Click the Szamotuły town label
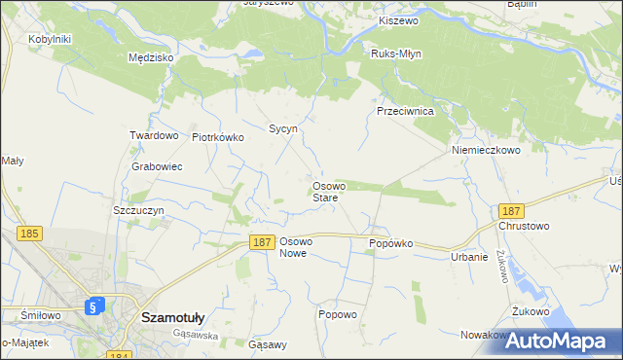172,316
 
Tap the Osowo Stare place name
325,192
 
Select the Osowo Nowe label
295,246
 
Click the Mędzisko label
151,57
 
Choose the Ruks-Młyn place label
396,54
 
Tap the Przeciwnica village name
405,111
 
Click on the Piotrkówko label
218,137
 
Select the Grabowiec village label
157,166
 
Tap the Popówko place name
391,243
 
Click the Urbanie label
469,257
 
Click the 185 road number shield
30,234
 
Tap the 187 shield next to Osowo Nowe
260,243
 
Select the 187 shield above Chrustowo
511,211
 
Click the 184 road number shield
119,357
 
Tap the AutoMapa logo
563,342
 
